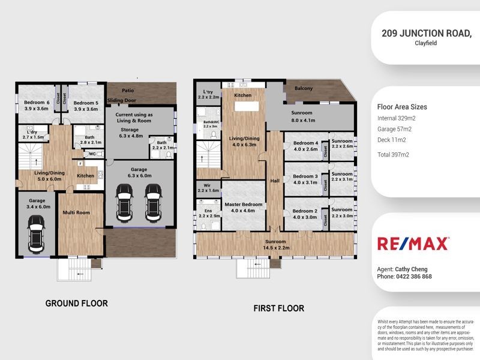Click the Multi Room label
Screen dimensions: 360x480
(x=78, y=212)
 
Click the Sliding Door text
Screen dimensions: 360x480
(x=121, y=101)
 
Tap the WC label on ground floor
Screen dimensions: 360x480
(x=92, y=154)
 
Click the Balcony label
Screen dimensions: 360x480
(x=304, y=88)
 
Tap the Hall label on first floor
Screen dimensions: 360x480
(x=274, y=180)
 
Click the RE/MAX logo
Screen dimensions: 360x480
(x=412, y=243)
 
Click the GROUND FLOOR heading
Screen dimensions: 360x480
(x=77, y=304)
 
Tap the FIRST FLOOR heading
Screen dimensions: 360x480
(x=278, y=308)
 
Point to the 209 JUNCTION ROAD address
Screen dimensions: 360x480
(x=427, y=34)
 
